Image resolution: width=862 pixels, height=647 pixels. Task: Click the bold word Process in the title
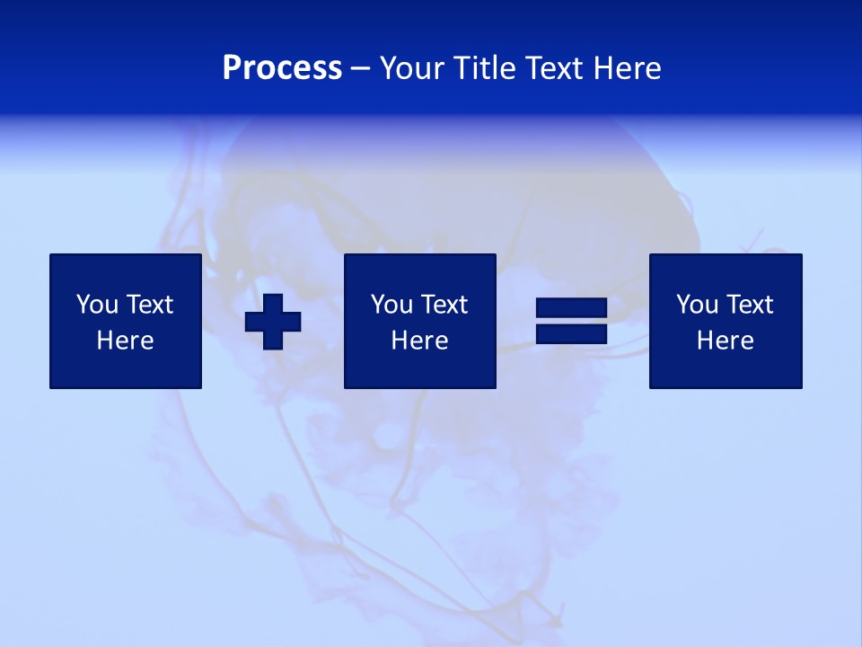click(x=282, y=68)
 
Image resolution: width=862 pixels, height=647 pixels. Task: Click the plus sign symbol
click(x=273, y=322)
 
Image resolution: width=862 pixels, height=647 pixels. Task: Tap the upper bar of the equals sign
click(x=571, y=308)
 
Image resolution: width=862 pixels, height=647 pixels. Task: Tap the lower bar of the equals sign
click(x=571, y=334)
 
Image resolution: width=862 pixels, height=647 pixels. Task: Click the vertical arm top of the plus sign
click(x=273, y=302)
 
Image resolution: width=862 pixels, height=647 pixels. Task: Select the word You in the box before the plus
click(x=96, y=305)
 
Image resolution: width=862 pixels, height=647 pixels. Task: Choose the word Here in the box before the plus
click(x=125, y=341)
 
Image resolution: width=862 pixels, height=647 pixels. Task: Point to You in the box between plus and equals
click(x=391, y=305)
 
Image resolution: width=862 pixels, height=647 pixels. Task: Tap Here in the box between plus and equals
click(x=419, y=341)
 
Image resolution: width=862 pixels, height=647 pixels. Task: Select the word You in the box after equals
click(x=696, y=305)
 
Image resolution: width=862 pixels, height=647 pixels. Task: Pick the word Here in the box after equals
click(x=725, y=341)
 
